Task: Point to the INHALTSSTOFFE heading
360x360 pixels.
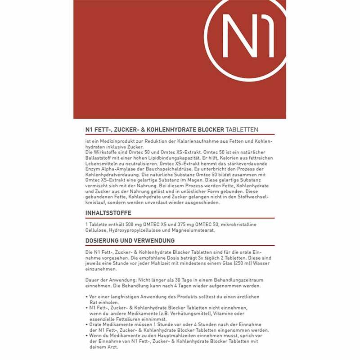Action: click(108, 213)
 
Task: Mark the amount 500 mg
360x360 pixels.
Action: click(132, 225)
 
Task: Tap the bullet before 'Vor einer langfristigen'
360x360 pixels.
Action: click(86, 297)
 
